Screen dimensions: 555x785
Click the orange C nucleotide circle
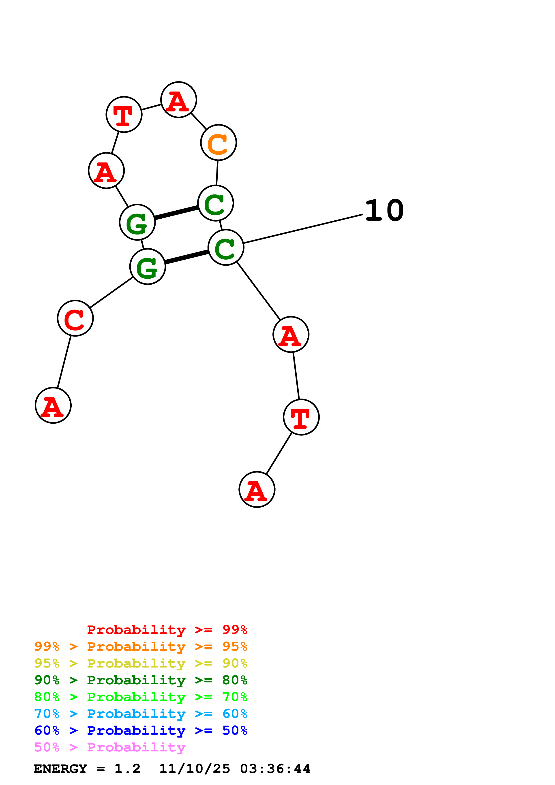(x=218, y=142)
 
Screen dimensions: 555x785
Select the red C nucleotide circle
(x=75, y=318)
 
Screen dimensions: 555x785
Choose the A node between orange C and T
(x=178, y=100)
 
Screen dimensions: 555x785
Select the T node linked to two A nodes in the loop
(x=124, y=114)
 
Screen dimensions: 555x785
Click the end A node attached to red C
(x=53, y=405)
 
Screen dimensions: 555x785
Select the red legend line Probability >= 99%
(x=167, y=629)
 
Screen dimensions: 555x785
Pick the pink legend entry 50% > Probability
(x=110, y=747)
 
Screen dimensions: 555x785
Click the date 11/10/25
(x=195, y=769)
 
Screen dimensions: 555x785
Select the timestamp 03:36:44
(x=275, y=769)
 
